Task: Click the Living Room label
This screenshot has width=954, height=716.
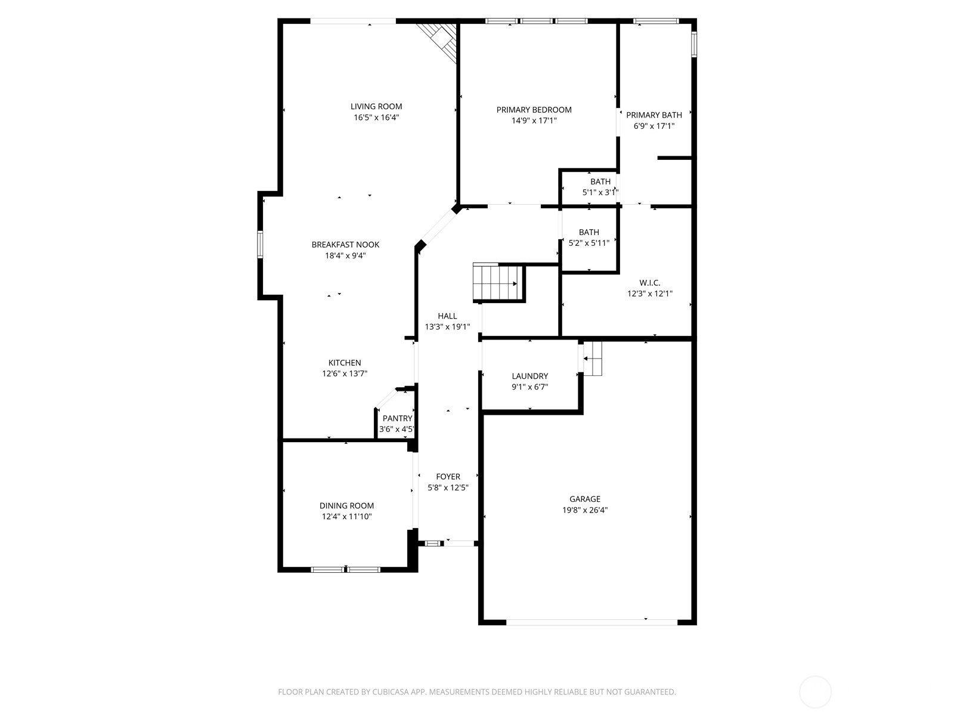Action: pyautogui.click(x=376, y=107)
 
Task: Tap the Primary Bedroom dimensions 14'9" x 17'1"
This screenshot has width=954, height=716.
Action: pyautogui.click(x=534, y=121)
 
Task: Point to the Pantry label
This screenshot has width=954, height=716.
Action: pyautogui.click(x=397, y=418)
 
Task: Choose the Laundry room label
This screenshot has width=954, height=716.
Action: pyautogui.click(x=529, y=376)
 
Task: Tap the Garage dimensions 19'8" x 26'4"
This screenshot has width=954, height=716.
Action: pyautogui.click(x=585, y=510)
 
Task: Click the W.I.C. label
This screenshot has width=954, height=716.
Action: pyautogui.click(x=649, y=283)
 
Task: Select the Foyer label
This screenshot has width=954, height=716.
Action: pyautogui.click(x=448, y=477)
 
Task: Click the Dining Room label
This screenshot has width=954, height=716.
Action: pyautogui.click(x=346, y=506)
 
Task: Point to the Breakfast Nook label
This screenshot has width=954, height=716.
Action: pyautogui.click(x=345, y=245)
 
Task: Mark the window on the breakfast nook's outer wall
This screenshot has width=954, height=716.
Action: pyautogui.click(x=260, y=245)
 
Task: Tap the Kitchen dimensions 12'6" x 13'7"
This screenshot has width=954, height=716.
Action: pyautogui.click(x=345, y=374)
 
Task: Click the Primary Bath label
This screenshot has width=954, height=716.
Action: pyautogui.click(x=653, y=115)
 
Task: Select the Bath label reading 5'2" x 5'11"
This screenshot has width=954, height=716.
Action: pyautogui.click(x=588, y=232)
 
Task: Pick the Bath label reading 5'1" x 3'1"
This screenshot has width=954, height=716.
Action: pyautogui.click(x=600, y=182)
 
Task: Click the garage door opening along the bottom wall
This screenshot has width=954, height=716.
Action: pyautogui.click(x=591, y=622)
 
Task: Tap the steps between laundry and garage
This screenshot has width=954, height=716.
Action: pyautogui.click(x=592, y=359)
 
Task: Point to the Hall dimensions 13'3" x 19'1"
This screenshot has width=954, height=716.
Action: pyautogui.click(x=447, y=327)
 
